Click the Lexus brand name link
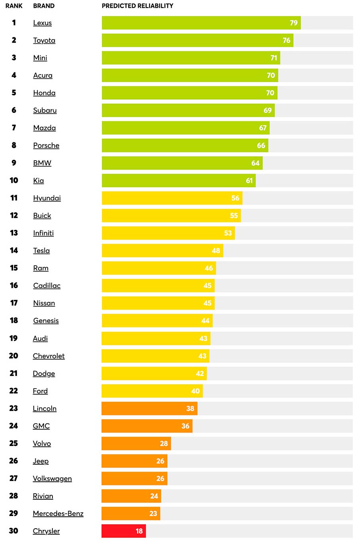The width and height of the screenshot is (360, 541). tap(43, 23)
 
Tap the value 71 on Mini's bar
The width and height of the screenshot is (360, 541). tap(274, 58)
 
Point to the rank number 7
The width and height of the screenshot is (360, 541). tap(14, 128)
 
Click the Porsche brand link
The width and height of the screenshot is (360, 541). tap(46, 145)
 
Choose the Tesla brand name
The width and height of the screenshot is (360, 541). tap(41, 250)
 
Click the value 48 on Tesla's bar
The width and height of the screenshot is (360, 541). tap(216, 250)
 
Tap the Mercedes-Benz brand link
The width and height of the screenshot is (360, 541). tap(58, 514)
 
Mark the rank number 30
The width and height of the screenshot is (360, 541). tap(14, 531)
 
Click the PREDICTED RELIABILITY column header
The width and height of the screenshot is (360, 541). tap(137, 6)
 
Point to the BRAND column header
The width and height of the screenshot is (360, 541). tap(44, 6)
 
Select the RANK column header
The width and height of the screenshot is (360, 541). tap(14, 6)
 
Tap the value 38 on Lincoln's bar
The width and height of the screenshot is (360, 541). tap(190, 409)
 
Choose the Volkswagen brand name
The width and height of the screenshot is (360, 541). tap(52, 479)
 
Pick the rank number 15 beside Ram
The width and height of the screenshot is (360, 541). tap(14, 268)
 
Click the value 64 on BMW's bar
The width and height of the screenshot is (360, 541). tap(255, 163)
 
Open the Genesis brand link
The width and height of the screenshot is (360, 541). tap(46, 320)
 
